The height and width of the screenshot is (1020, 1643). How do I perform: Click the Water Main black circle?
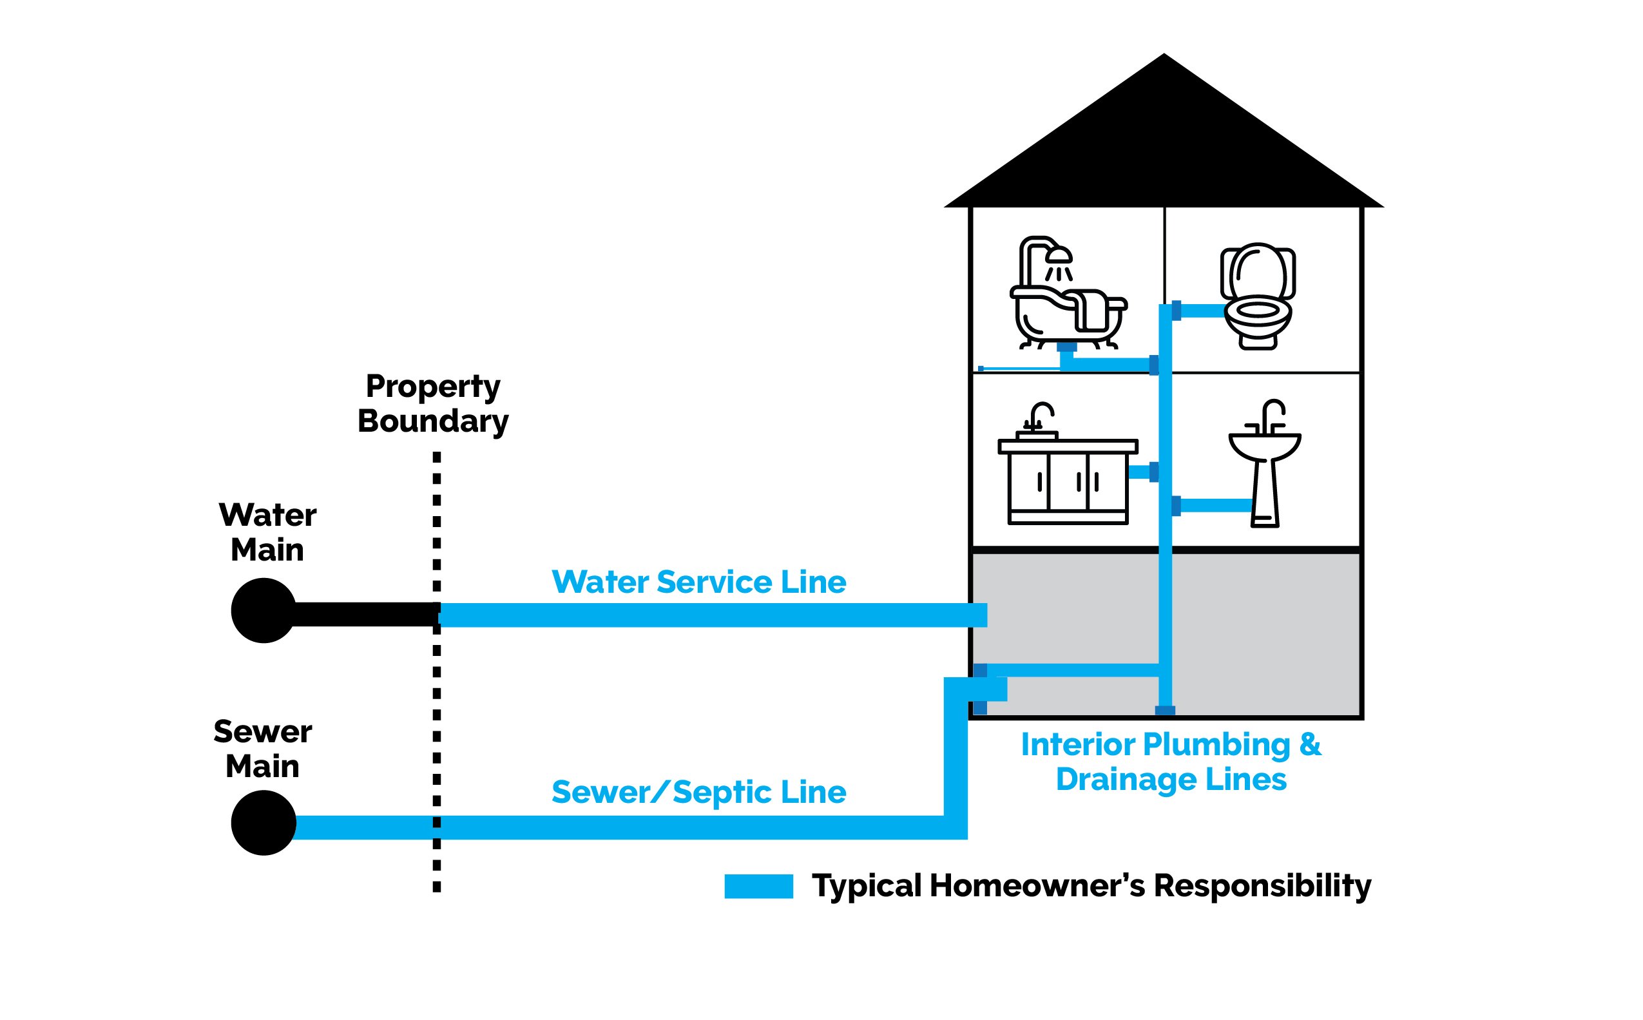(x=263, y=610)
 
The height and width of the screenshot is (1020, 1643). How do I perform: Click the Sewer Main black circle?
(x=263, y=823)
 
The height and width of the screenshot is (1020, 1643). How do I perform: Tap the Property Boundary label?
(x=432, y=403)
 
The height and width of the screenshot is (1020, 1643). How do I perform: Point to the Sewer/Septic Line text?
(x=698, y=792)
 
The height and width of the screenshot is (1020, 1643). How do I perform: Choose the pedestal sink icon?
(x=1265, y=465)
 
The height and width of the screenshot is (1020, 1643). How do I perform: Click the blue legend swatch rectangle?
(x=758, y=886)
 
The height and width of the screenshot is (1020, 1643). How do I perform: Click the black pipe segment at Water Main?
(x=364, y=614)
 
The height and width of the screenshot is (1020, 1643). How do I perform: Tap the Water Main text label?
(x=267, y=532)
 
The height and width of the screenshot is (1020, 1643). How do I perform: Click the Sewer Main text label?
(x=262, y=749)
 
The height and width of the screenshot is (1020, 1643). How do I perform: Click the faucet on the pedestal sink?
(x=1271, y=414)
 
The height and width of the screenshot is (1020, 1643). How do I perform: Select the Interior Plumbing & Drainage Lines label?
(x=1171, y=762)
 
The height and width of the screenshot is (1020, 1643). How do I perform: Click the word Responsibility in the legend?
(x=1262, y=886)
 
